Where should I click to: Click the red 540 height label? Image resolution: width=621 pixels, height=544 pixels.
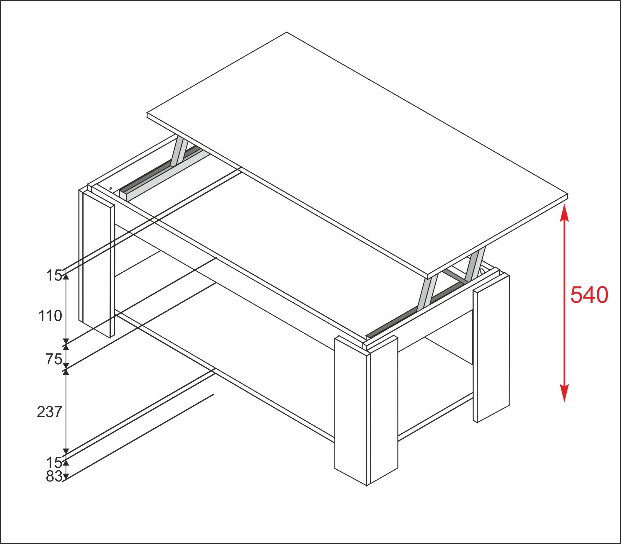click(589, 295)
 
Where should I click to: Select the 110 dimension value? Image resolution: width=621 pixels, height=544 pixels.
click(50, 316)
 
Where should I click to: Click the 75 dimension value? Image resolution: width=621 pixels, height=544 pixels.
click(54, 360)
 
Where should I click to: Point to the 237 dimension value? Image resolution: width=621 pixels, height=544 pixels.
click(50, 412)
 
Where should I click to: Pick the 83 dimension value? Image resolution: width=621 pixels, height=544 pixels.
click(54, 476)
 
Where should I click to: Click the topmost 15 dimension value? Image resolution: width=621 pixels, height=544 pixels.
click(54, 276)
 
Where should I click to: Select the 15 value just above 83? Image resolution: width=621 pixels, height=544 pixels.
click(54, 463)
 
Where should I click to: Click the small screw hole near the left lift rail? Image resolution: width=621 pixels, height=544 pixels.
click(111, 189)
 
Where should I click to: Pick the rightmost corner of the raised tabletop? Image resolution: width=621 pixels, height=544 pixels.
click(567, 195)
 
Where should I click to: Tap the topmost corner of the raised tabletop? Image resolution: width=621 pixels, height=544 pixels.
click(287, 32)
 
